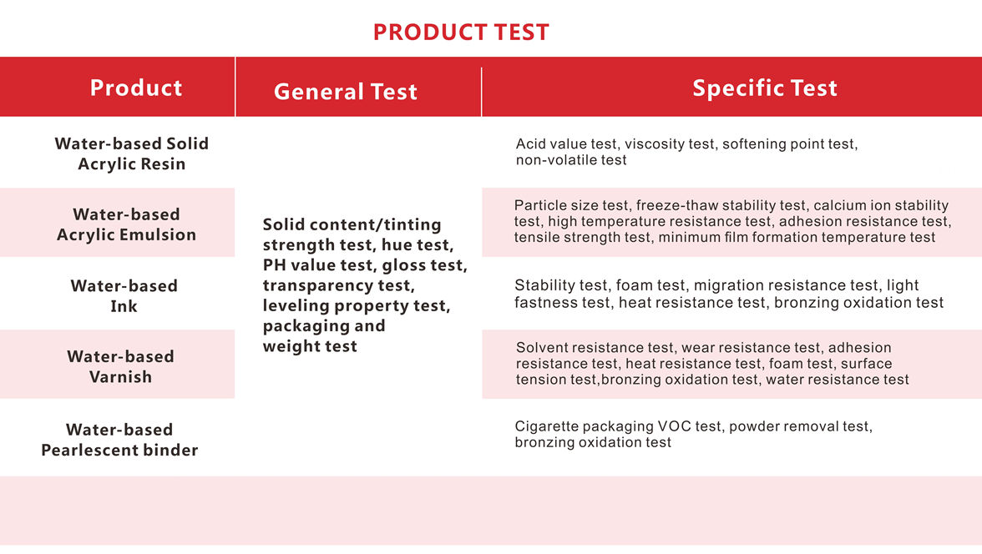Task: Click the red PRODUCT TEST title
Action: (x=461, y=32)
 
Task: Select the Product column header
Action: (x=136, y=88)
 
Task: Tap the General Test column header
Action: (x=345, y=92)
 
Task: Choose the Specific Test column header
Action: (x=765, y=88)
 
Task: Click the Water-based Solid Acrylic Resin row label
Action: (x=132, y=154)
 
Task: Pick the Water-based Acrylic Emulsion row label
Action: (x=127, y=224)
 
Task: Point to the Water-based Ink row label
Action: (x=124, y=295)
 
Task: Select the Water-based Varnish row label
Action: (x=120, y=366)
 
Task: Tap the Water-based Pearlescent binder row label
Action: (x=119, y=440)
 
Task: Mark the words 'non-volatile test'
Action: (x=571, y=160)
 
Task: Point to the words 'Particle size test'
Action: (x=570, y=205)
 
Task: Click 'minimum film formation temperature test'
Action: (x=797, y=237)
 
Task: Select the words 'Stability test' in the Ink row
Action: (x=560, y=285)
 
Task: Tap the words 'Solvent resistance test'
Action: (x=595, y=347)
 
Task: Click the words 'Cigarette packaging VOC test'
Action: (x=618, y=426)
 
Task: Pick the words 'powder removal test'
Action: (x=798, y=426)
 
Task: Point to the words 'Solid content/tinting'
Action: (x=352, y=224)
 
